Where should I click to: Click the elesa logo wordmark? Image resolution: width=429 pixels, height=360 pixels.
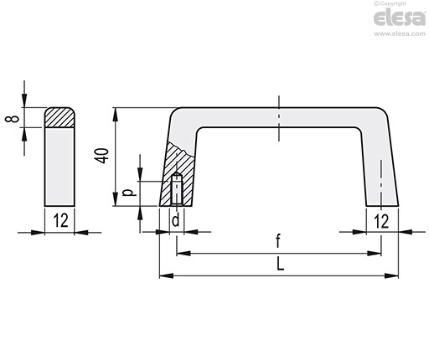(400, 18)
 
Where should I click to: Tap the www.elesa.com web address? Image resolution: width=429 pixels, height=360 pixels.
(400, 33)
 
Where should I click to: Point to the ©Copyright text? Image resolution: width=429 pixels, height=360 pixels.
(390, 3)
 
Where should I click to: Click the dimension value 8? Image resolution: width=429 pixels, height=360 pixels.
(12, 119)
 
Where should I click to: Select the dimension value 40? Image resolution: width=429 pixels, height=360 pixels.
(101, 156)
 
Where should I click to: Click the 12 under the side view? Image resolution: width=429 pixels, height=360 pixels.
(60, 220)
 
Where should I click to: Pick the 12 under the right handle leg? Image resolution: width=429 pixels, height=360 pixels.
(381, 221)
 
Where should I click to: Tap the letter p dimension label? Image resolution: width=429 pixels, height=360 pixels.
(129, 193)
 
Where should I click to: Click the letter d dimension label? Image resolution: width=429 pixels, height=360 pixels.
(176, 220)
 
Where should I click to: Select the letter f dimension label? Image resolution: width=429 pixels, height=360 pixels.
(278, 241)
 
